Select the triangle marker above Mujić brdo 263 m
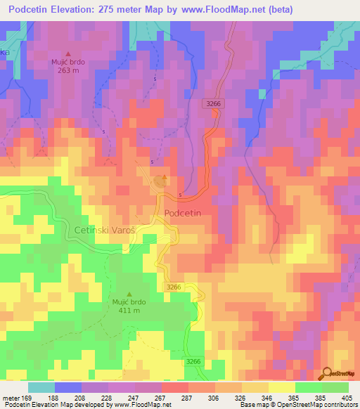tap(68, 53)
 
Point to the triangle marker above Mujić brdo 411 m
tap(128, 294)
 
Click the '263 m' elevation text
tap(67, 70)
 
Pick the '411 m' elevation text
tap(128, 311)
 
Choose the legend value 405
tap(348, 397)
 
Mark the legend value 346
tap(268, 397)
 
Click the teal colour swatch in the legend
tap(41, 387)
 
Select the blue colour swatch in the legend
tap(67, 387)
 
